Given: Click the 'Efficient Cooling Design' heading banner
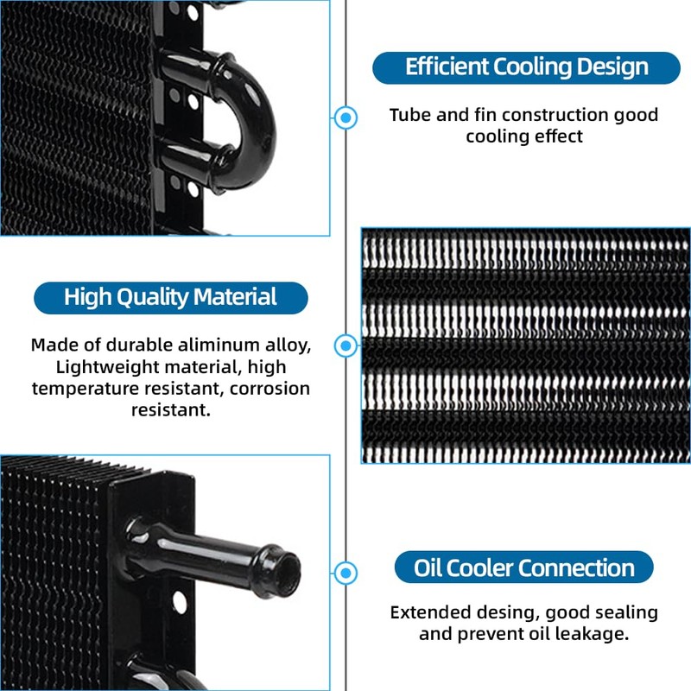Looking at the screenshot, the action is click(x=526, y=67).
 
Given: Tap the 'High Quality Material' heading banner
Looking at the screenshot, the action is click(x=170, y=298).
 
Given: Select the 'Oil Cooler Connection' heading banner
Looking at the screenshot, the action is click(x=524, y=567).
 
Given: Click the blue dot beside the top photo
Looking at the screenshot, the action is click(x=346, y=117).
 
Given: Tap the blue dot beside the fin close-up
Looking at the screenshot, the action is click(x=346, y=345).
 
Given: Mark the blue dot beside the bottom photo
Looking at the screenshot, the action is click(x=346, y=572).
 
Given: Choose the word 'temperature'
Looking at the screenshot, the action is click(x=86, y=389).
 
